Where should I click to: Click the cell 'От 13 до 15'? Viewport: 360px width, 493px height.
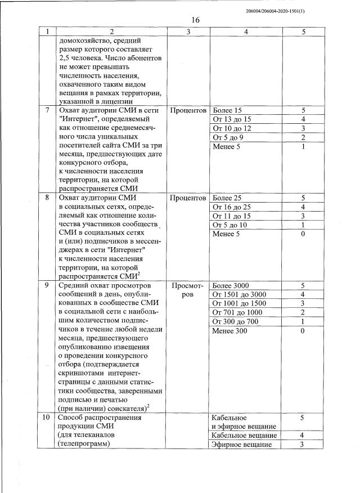232,119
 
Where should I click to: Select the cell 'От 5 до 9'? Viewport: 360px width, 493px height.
228,137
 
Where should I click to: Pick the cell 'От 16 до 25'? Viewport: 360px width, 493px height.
232,207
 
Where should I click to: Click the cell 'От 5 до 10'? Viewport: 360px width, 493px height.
230,225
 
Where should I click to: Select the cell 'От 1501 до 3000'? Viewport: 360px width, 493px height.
240,294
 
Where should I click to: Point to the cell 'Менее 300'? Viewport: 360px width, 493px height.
230,330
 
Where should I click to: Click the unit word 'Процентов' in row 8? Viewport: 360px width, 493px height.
188,198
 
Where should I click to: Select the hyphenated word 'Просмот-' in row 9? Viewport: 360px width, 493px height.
188,285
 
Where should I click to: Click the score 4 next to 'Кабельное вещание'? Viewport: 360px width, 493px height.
303,436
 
